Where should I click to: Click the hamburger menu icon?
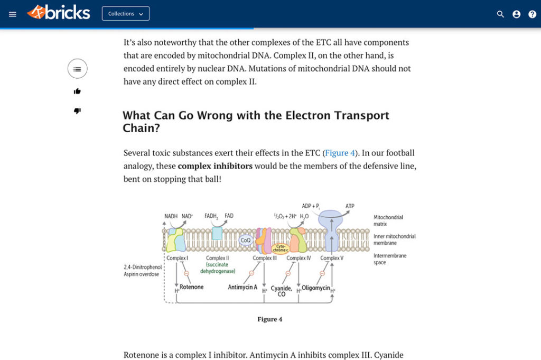click(x=13, y=14)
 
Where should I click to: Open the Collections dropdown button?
click(x=126, y=14)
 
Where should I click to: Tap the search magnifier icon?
click(x=500, y=14)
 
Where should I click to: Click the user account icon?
click(x=516, y=14)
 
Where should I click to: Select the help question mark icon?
click(x=532, y=14)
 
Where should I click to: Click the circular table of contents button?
click(x=77, y=69)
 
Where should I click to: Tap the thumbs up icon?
click(x=77, y=91)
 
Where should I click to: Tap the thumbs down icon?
click(x=77, y=111)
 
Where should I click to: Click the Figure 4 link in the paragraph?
click(x=340, y=153)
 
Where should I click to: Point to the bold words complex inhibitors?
click(x=215, y=166)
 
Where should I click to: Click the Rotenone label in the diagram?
click(x=191, y=287)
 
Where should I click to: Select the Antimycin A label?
click(x=242, y=287)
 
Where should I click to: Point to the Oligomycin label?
click(x=316, y=288)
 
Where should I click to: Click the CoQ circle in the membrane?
click(x=246, y=241)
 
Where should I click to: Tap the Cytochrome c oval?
click(x=281, y=247)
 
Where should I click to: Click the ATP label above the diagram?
click(x=350, y=206)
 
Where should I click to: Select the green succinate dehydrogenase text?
click(x=217, y=268)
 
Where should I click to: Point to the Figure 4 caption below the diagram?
click(x=269, y=319)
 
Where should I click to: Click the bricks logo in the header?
click(x=59, y=13)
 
